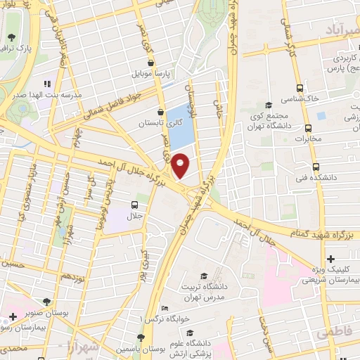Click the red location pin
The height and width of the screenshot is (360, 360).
point(181,166)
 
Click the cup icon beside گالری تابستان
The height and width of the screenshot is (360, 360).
point(161,111)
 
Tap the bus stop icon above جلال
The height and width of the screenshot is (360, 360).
point(134,205)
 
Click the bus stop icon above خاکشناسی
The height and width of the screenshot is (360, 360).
point(300,88)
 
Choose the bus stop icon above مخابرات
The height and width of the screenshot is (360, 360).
point(307,128)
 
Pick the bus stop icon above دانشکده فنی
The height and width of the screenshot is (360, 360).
point(315,167)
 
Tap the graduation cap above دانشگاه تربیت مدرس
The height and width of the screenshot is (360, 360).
point(204,276)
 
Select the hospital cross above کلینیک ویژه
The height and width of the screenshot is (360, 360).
point(330,259)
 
